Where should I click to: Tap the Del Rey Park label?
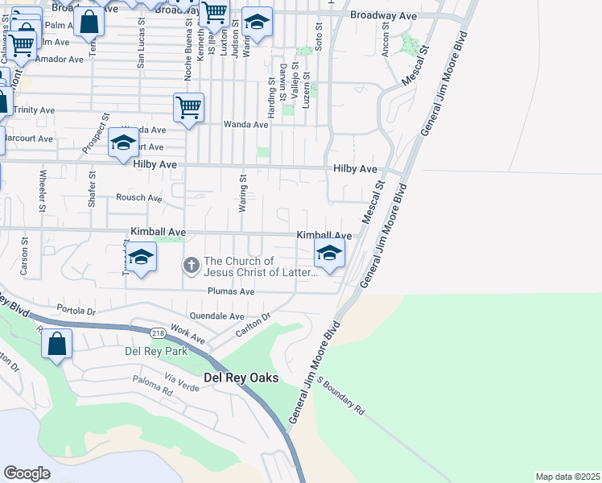156,351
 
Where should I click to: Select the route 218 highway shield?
158,331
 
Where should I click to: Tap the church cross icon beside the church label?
192,264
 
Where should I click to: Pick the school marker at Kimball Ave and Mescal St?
328,254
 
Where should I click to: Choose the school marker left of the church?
141,258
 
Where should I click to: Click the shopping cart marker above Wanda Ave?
188,107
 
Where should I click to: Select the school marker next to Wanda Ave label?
123,143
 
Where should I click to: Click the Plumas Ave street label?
230,291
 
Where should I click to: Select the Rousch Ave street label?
138,197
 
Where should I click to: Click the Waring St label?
242,193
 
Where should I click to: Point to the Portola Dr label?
76,310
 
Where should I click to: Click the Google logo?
27,473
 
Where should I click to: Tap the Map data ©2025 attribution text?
567,477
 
